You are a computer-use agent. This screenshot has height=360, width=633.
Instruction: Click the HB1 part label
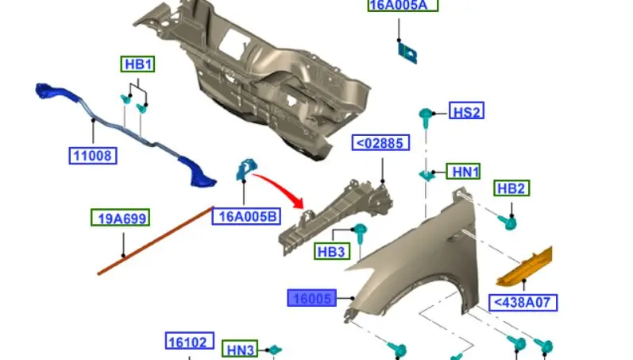137,64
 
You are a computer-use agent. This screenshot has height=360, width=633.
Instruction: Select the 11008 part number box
93,156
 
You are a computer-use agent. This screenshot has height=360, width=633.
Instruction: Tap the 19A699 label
121,219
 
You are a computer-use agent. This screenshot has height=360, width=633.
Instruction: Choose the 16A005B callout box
247,216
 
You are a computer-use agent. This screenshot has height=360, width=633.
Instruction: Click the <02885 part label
380,142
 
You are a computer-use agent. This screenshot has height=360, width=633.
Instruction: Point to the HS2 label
466,110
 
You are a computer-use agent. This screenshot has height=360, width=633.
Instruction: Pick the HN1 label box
464,172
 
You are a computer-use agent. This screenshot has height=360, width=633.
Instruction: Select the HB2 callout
511,188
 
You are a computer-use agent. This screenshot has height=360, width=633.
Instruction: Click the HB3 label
332,251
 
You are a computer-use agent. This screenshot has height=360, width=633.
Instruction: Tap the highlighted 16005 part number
311,298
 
